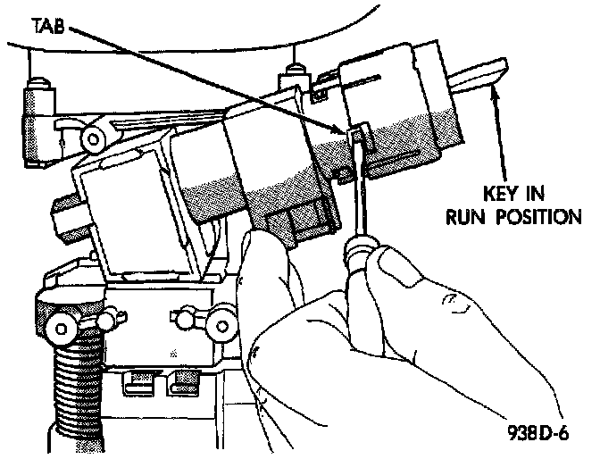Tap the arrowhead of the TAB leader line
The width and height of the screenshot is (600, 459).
point(345,130)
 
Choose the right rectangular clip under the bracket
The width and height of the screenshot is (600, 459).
point(186,385)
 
